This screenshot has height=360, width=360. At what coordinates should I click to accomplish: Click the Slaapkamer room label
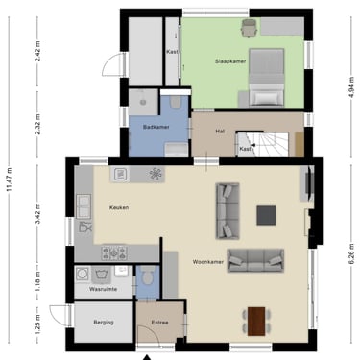pyautogui.click(x=230, y=61)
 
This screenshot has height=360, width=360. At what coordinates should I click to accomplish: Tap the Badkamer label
pyautogui.click(x=156, y=127)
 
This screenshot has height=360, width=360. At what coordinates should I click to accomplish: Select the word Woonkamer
pyautogui.click(x=208, y=262)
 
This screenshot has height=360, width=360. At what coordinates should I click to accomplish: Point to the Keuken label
pyautogui.click(x=119, y=207)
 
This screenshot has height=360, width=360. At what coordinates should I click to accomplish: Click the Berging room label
pyautogui.click(x=104, y=323)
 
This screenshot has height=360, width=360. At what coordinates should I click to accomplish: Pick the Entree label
pyautogui.click(x=159, y=323)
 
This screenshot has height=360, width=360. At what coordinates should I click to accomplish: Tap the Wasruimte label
pyautogui.click(x=103, y=289)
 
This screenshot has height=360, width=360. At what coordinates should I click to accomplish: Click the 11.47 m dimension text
pyautogui.click(x=10, y=180)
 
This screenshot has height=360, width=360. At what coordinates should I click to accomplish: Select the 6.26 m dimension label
pyautogui.click(x=351, y=253)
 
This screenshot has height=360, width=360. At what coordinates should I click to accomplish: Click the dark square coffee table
pyautogui.click(x=266, y=215)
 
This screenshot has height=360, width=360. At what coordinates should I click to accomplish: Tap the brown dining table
pyautogui.click(x=256, y=322)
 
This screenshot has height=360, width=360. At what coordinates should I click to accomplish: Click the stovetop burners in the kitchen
pyautogui.click(x=114, y=252)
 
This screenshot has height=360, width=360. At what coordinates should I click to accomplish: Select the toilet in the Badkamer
pyautogui.click(x=175, y=103)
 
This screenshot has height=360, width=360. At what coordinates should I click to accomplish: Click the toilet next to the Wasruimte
pyautogui.click(x=148, y=276)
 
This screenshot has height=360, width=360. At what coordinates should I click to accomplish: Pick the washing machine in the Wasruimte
pyautogui.click(x=83, y=274)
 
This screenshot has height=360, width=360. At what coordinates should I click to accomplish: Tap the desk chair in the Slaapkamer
pyautogui.click(x=249, y=28)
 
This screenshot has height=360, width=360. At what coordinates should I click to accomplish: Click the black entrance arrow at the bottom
pyautogui.click(x=147, y=357)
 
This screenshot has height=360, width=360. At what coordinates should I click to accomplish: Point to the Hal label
pyautogui.click(x=220, y=131)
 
